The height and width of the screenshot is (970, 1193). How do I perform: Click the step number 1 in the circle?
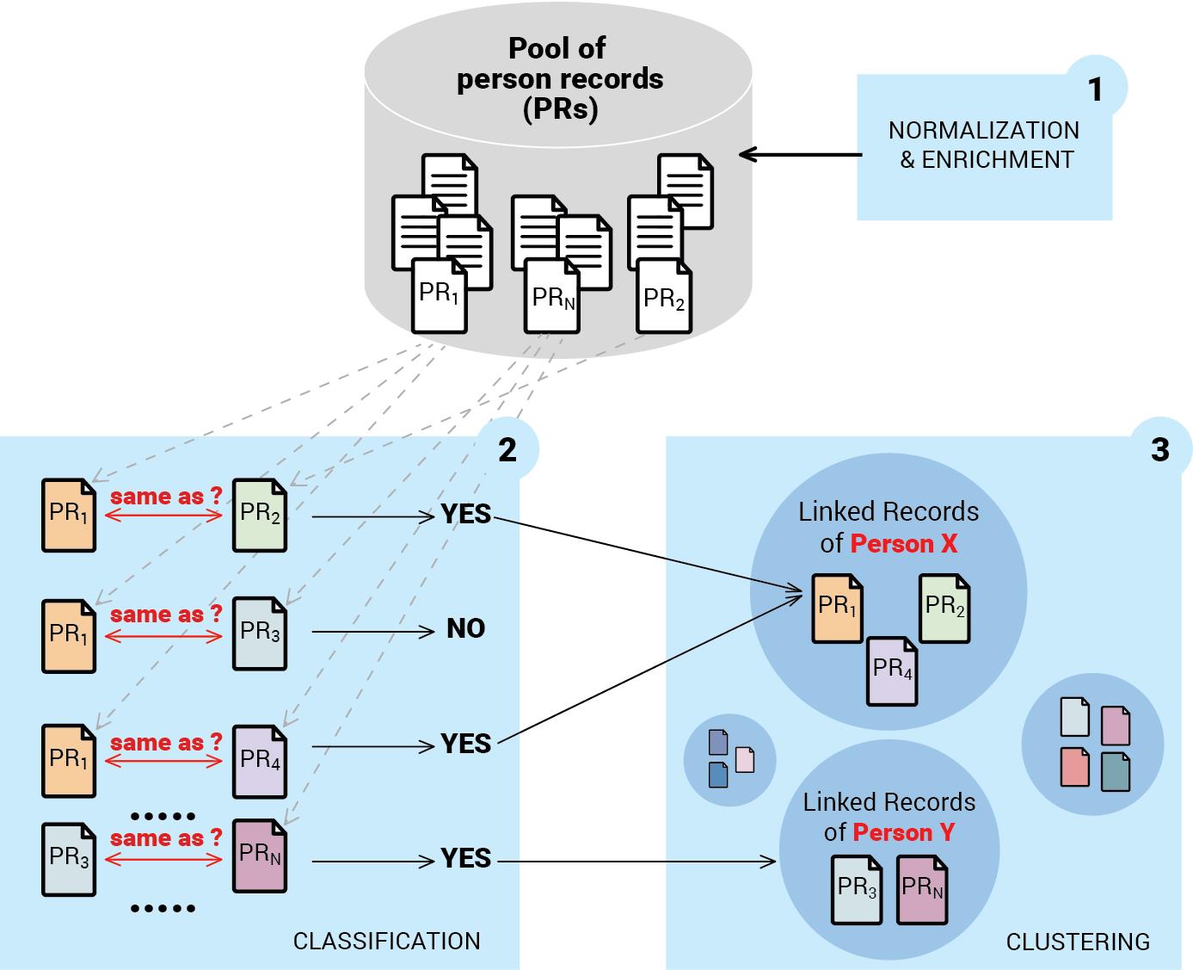coord(1095,90)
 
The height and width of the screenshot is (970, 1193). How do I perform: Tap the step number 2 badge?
coord(507,449)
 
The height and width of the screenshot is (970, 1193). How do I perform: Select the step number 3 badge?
coord(1159,449)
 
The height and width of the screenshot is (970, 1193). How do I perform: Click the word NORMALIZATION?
coord(983,131)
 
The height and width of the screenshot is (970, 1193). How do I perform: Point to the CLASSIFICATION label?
coord(386,941)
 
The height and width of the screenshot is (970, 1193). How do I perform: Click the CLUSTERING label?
coord(1078,942)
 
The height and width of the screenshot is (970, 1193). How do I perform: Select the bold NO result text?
coord(465,629)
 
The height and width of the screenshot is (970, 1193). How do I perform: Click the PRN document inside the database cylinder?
coord(552,297)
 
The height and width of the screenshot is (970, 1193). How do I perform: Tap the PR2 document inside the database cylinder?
coord(664,298)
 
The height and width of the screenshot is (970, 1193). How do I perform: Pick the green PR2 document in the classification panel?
coord(260,515)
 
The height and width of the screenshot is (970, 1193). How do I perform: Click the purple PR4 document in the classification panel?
coord(260,761)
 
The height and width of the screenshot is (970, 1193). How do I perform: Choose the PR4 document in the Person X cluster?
coord(892,670)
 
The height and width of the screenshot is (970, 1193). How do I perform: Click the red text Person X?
coord(903,544)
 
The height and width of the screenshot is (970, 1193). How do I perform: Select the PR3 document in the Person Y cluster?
coord(857,889)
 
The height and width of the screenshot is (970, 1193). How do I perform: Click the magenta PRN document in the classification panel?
coord(260,856)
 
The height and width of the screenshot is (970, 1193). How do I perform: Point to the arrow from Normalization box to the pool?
coord(800,155)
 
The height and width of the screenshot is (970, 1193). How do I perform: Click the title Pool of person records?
coord(559,78)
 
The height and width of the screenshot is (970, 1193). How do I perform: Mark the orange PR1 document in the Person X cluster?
coord(837,608)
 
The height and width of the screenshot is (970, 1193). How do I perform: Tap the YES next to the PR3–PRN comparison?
coord(465,858)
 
